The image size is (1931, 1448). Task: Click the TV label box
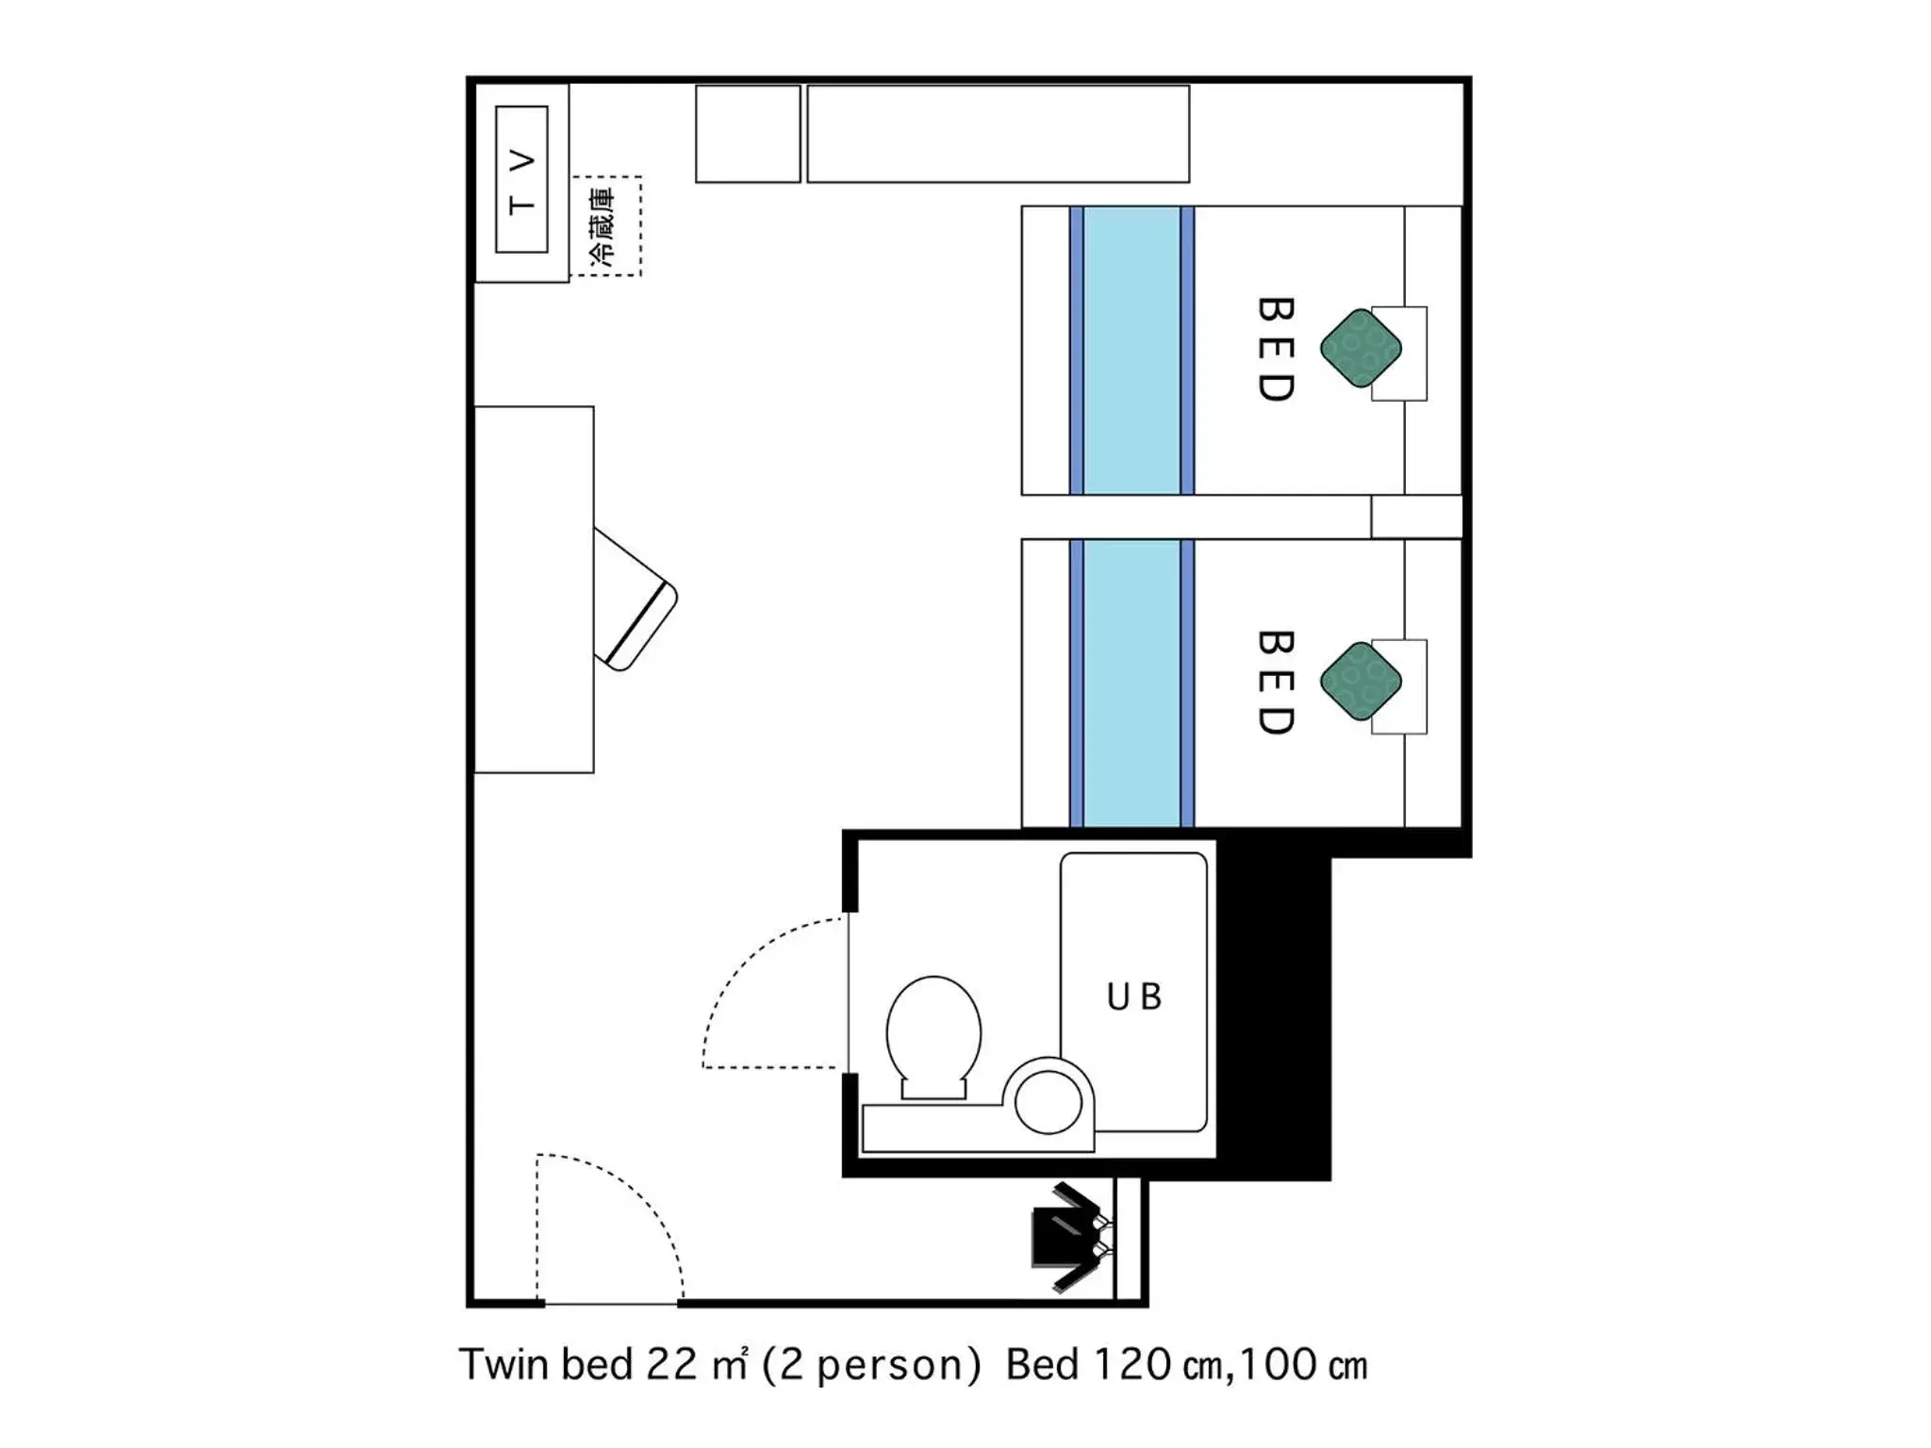click(x=521, y=179)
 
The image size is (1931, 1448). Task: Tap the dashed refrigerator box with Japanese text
click(x=606, y=226)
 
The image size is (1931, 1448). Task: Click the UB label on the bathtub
click(x=1133, y=996)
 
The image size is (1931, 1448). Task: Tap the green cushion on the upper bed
click(x=1360, y=348)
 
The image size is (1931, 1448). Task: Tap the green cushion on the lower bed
click(x=1360, y=681)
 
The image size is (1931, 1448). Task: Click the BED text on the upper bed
click(x=1276, y=350)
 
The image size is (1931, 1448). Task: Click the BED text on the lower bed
click(x=1276, y=683)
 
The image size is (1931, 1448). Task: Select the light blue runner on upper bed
click(x=1131, y=350)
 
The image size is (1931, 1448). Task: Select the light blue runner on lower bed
click(x=1131, y=683)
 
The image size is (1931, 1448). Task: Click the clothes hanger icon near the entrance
click(x=1070, y=1236)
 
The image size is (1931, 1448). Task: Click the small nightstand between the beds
click(x=1415, y=517)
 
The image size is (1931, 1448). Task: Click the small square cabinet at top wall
click(x=748, y=133)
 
